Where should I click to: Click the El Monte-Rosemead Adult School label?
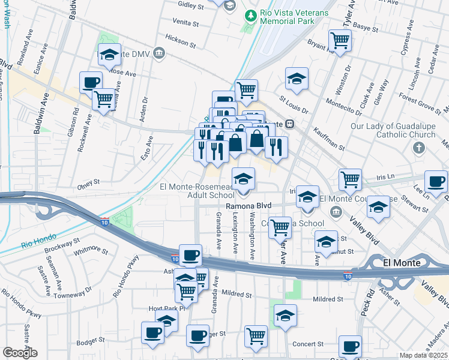197,190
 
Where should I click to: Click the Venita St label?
185,23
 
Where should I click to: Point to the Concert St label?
308,344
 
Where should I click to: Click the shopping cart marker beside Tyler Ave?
340,41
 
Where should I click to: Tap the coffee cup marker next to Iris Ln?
436,181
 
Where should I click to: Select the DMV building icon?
159,53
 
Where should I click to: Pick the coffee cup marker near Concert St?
350,346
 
